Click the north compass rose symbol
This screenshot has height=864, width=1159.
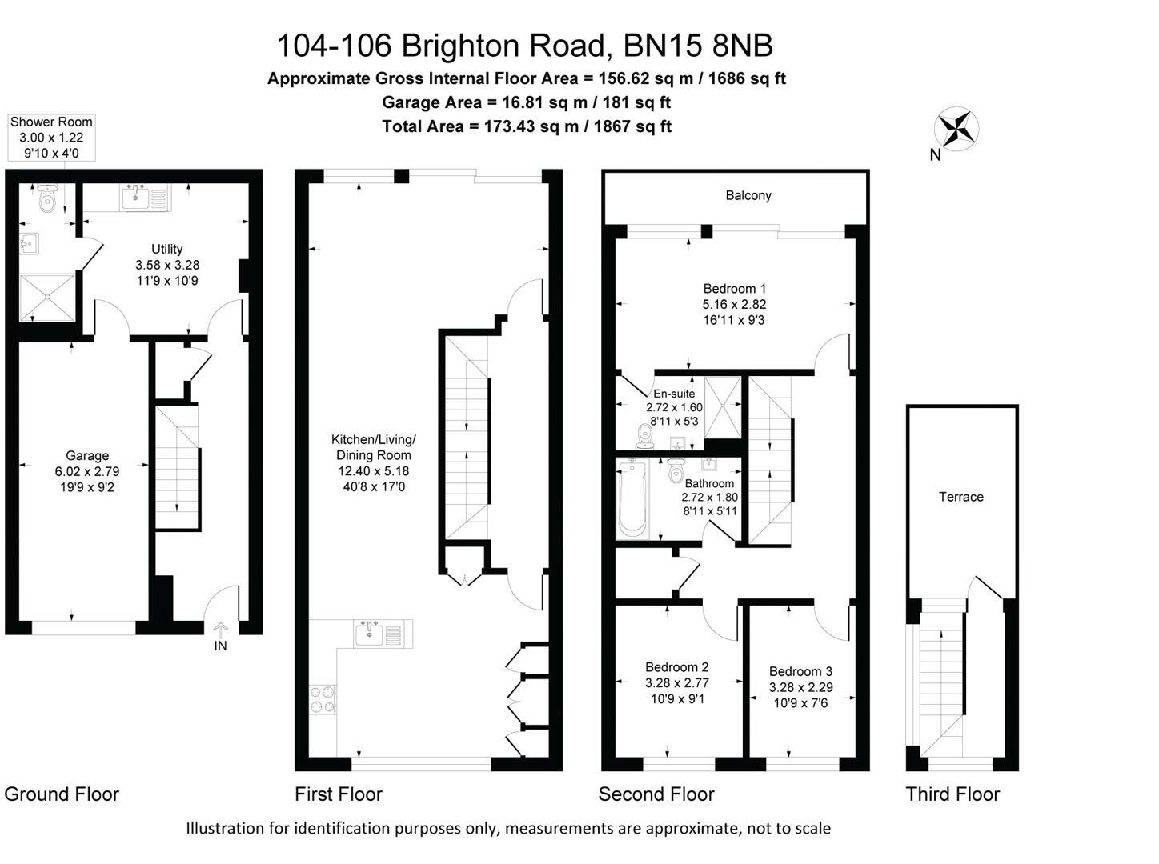[x=956, y=129]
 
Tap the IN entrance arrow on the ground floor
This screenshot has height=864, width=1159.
[x=220, y=631]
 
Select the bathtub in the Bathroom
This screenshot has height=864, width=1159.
[x=632, y=498]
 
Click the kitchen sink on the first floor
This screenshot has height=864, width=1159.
[x=371, y=634]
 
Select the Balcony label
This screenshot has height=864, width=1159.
[x=748, y=195]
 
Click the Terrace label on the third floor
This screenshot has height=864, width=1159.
[x=960, y=497]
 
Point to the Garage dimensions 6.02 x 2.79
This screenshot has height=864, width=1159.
[x=87, y=471]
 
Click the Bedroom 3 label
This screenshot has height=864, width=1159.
[x=800, y=671]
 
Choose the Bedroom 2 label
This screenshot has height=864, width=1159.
[x=676, y=666]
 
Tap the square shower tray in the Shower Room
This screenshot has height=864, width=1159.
[x=48, y=297]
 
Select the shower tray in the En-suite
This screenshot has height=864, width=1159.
[x=724, y=406]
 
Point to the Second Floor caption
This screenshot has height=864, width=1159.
[x=656, y=794]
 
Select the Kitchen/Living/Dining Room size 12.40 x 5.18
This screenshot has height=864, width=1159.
[x=373, y=471]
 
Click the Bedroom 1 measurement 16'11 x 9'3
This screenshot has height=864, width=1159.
[x=734, y=320]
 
